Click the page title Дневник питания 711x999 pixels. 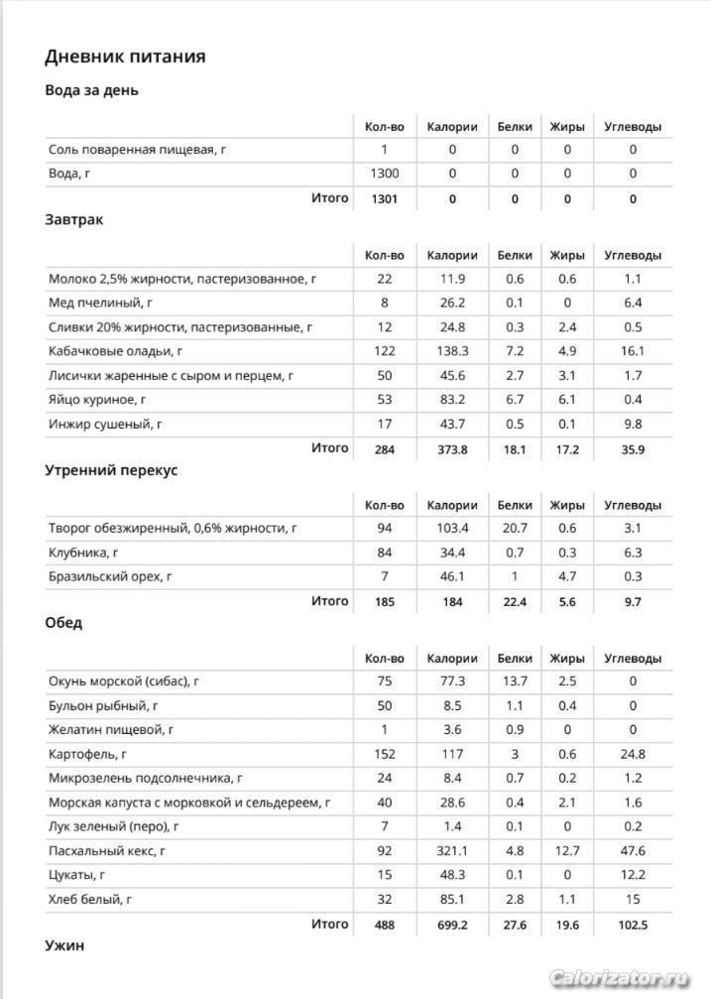click(x=126, y=57)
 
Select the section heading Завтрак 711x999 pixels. click(x=74, y=219)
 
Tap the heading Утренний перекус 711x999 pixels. click(x=111, y=470)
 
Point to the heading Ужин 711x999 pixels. click(x=64, y=945)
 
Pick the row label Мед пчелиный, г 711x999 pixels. click(x=97, y=303)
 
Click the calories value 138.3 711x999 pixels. click(x=452, y=350)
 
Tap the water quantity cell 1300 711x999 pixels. click(x=384, y=174)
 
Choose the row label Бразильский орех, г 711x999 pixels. click(x=109, y=576)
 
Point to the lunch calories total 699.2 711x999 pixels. click(x=452, y=924)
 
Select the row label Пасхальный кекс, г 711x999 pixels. click(x=106, y=850)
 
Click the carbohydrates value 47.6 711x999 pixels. click(x=633, y=850)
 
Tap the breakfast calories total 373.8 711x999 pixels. click(x=452, y=448)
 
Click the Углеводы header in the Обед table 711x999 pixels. click(x=633, y=658)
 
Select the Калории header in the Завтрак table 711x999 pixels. click(x=452, y=255)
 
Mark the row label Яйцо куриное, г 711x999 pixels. click(x=97, y=399)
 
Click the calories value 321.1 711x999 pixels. click(x=452, y=850)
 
